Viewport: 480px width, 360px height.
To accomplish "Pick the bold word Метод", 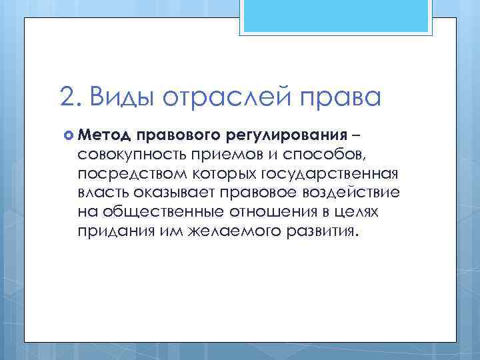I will pos(104,136).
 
